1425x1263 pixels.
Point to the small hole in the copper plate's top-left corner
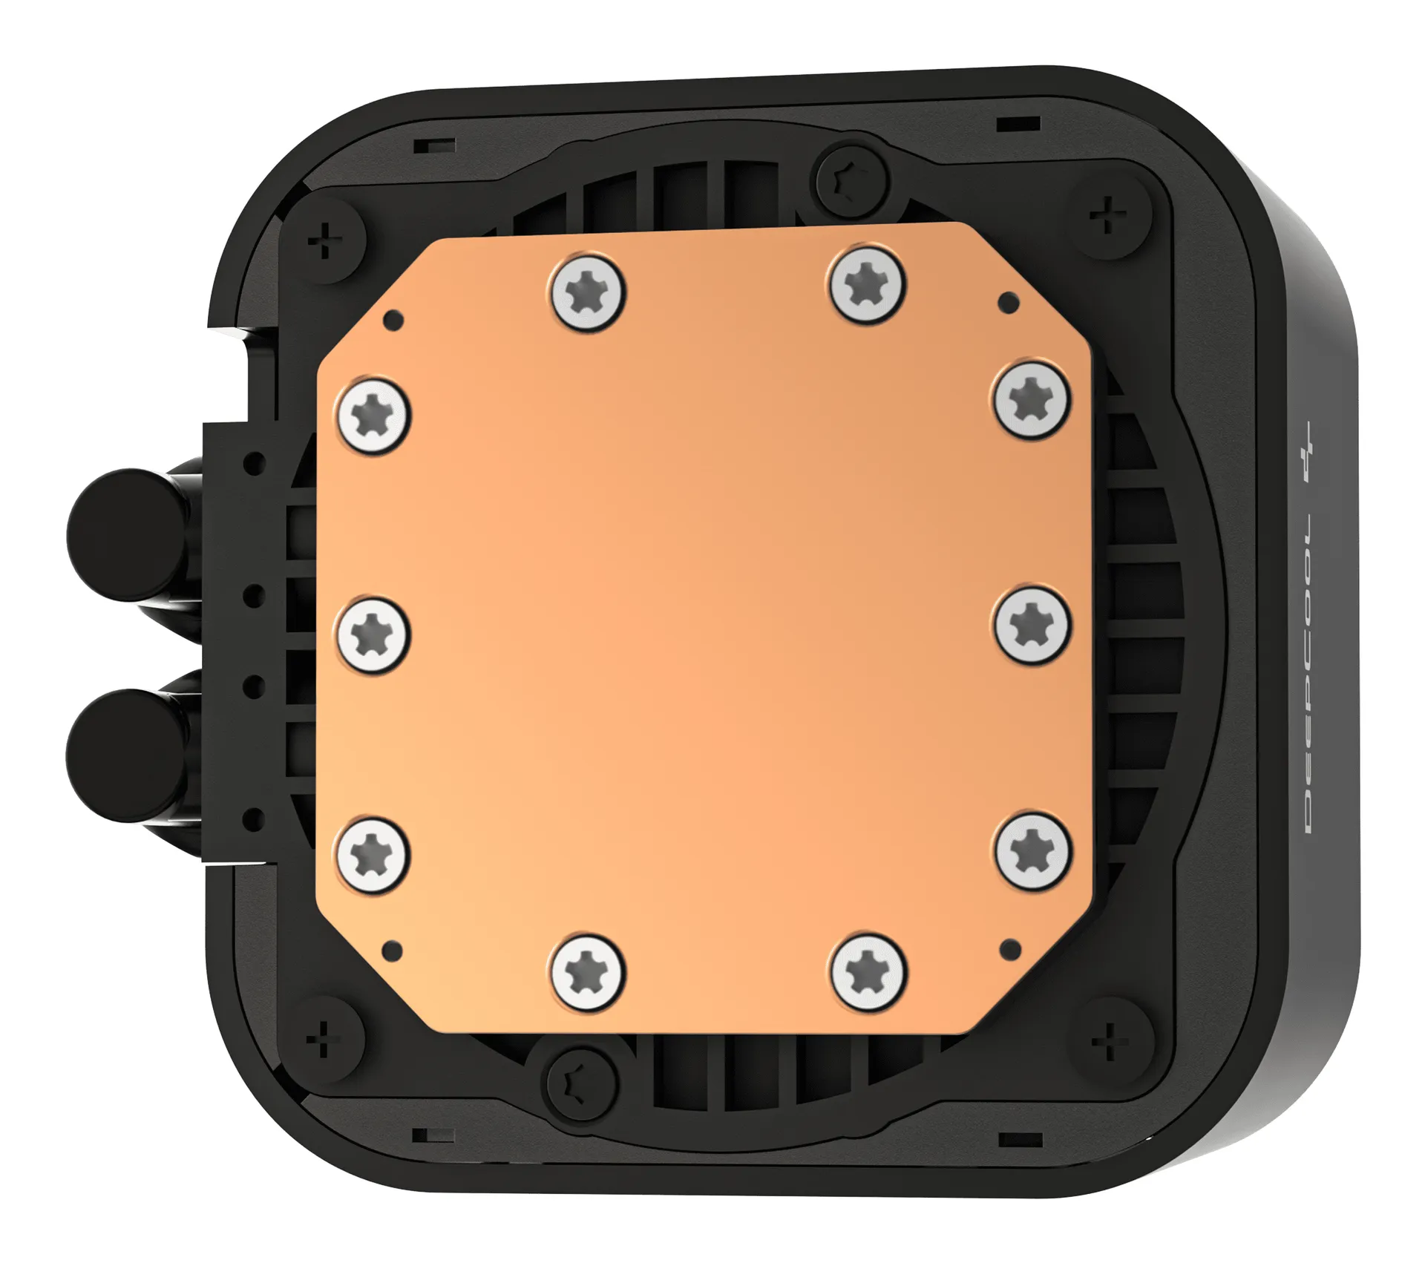click(x=394, y=320)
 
